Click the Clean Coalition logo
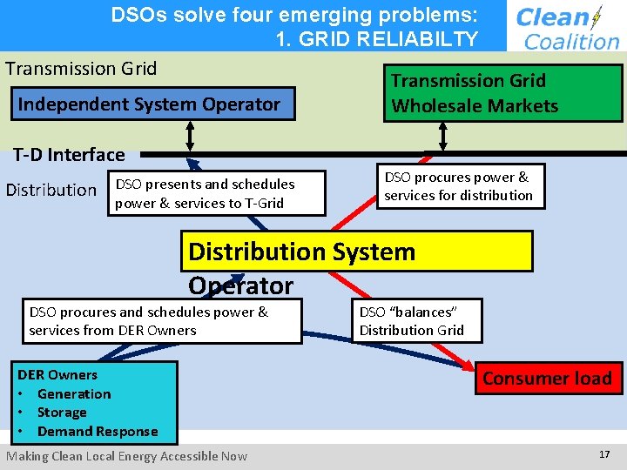pos(566,26)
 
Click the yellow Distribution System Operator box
pos(360,252)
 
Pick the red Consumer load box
pos(547,379)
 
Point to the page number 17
pos(604,455)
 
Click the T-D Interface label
pos(69,155)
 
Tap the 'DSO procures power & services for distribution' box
pos(460,186)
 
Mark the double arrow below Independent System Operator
pos(190,136)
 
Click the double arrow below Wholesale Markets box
pos(443,136)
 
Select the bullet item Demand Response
pos(98,432)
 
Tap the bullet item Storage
pos(62,413)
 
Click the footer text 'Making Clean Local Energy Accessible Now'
pos(127,456)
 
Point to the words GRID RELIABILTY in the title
pos(376,38)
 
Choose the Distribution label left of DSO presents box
pos(51,190)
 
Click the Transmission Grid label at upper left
pos(81,69)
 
